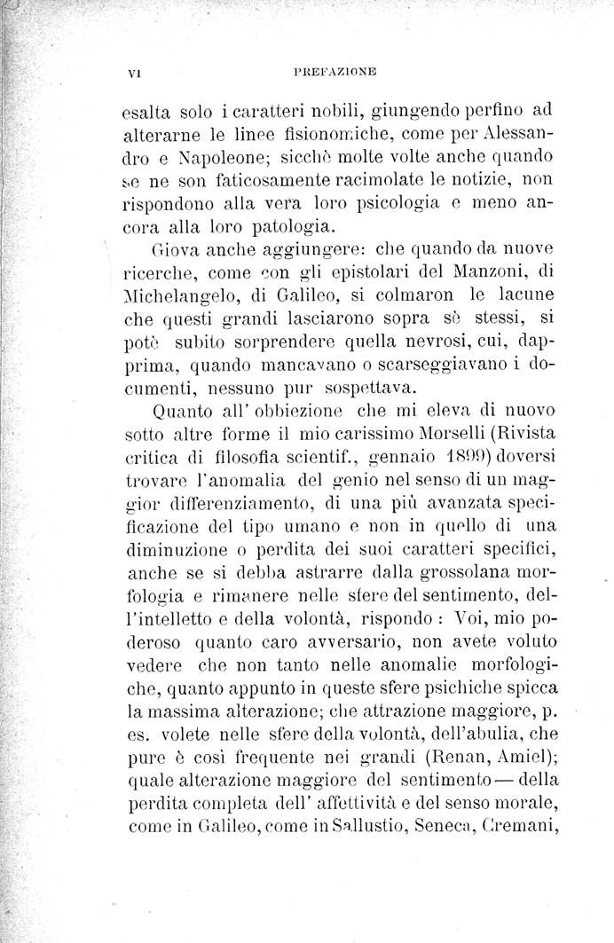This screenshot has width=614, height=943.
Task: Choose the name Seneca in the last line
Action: (467, 829)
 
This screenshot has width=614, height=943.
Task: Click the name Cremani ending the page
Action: (540, 829)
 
